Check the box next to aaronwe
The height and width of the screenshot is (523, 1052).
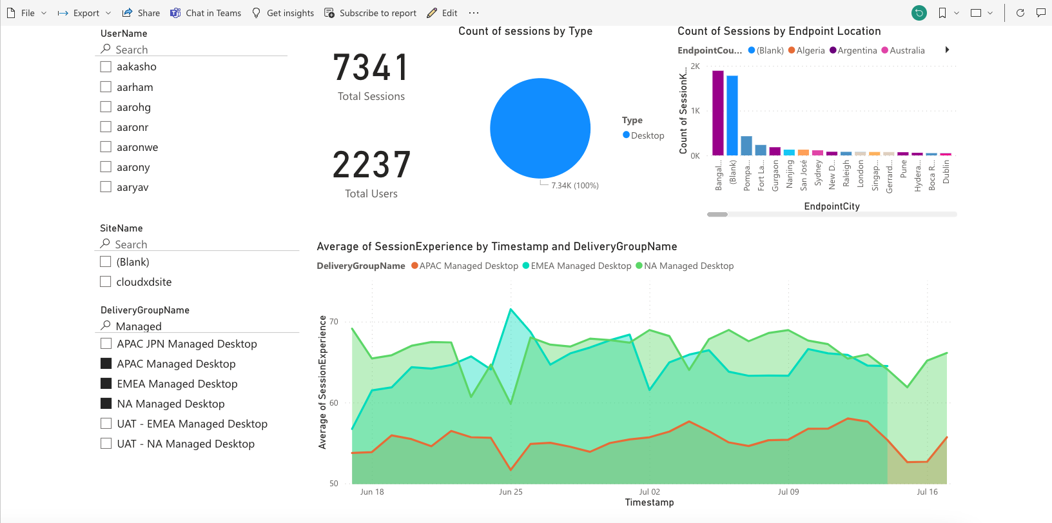coord(106,147)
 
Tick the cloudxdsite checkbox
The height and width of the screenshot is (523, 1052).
coord(106,282)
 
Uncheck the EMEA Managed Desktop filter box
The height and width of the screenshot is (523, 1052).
coord(106,384)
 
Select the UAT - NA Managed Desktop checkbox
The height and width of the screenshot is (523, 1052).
coord(106,444)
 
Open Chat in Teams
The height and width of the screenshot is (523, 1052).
coord(206,13)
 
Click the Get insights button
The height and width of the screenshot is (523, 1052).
coord(283,13)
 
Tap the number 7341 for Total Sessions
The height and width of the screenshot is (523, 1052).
coord(371,68)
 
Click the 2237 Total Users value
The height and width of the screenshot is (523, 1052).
coord(371,165)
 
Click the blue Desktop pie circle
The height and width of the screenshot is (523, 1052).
coord(540,128)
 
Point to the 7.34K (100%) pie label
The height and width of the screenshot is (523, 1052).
coord(574,186)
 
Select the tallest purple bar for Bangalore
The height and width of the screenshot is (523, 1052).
coord(718,113)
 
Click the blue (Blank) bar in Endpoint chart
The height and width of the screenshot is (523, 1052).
coord(732,115)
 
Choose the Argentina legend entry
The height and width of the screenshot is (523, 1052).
coord(853,50)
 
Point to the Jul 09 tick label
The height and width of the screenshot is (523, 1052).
coord(788,492)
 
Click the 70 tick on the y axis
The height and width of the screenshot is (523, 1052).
coord(333,322)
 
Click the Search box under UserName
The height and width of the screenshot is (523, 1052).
coord(193,50)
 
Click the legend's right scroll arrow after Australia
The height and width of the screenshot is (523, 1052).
coord(947,50)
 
